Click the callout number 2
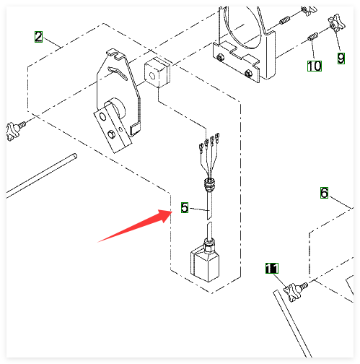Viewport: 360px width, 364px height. (x=38, y=37)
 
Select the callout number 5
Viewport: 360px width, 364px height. (x=185, y=207)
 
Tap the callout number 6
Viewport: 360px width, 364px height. (x=324, y=193)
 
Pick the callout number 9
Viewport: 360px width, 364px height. (x=341, y=58)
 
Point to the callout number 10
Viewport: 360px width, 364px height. (x=315, y=66)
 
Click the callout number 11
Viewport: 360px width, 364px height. (x=272, y=268)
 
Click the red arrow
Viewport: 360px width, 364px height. (x=135, y=225)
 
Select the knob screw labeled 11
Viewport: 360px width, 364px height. (x=296, y=291)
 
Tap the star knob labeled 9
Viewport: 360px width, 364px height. (x=337, y=23)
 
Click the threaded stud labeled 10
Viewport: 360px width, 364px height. (x=313, y=37)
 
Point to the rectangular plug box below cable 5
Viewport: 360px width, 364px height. (x=205, y=264)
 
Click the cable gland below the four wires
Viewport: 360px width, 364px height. (x=208, y=184)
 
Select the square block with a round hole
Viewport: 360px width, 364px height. (x=157, y=73)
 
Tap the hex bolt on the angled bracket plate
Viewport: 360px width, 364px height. (x=111, y=134)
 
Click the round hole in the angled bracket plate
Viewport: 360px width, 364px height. (x=102, y=117)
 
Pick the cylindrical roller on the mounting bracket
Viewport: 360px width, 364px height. (x=115, y=108)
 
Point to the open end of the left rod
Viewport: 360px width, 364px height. (x=75, y=156)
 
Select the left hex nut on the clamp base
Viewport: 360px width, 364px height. (x=220, y=57)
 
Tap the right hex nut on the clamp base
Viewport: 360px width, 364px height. (x=249, y=73)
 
